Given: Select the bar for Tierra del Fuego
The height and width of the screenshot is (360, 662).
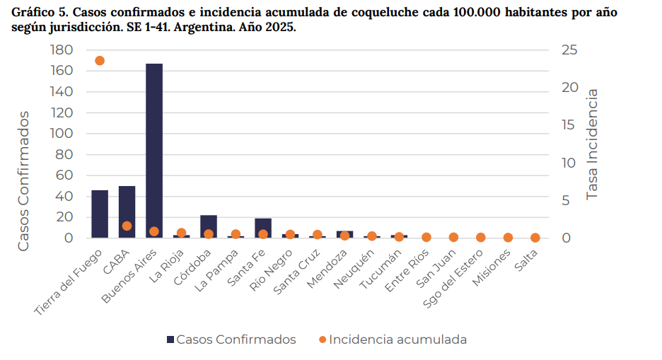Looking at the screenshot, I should pyautogui.click(x=100, y=214).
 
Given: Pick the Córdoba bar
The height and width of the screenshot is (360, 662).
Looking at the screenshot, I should pyautogui.click(x=209, y=227).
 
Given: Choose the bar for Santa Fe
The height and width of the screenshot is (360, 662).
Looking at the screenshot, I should pyautogui.click(x=263, y=228).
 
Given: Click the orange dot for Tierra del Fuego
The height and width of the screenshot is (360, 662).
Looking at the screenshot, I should pyautogui.click(x=100, y=61).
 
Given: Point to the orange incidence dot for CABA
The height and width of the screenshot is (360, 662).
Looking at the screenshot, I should pyautogui.click(x=127, y=226).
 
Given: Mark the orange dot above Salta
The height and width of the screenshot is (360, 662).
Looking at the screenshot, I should pyautogui.click(x=535, y=238).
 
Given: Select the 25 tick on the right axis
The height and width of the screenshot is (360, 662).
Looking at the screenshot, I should pyautogui.click(x=569, y=50).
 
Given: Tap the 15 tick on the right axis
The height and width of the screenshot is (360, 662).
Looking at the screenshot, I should pyautogui.click(x=569, y=125).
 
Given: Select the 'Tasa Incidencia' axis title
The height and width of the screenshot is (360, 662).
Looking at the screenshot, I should pyautogui.click(x=593, y=144).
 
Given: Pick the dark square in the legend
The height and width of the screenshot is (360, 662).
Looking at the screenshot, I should pyautogui.click(x=170, y=339).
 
